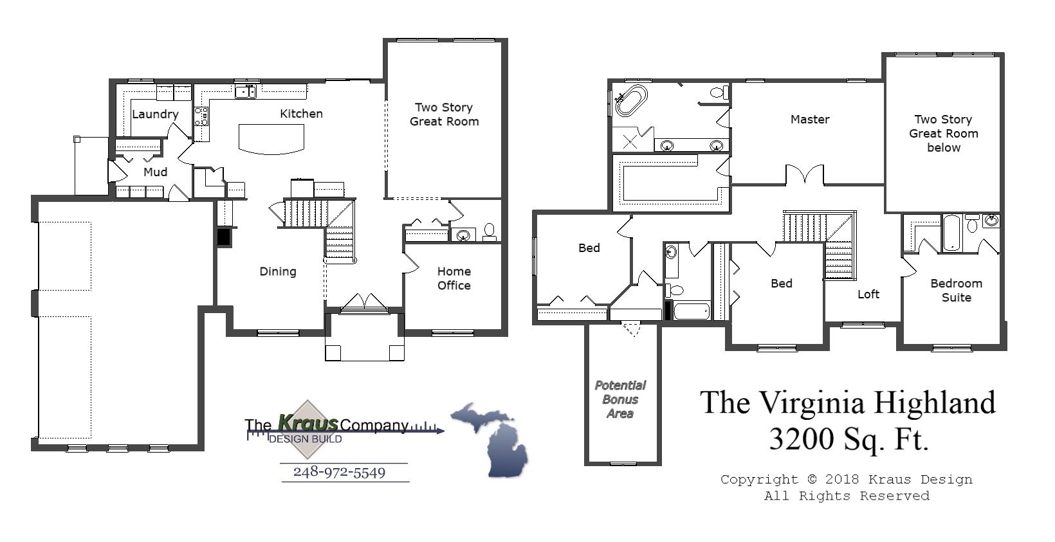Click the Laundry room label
pos(155,114)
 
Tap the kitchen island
pos(271,138)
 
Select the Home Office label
pos(454,278)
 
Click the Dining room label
pos(277,271)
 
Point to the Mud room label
pos(155,172)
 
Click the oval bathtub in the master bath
pos(630,102)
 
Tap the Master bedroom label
pos(810,119)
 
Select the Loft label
pos(868,294)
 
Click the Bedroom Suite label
pos(956,290)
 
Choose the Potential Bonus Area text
pos(620,399)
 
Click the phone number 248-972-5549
pos(339,472)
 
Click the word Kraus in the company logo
pos(307,423)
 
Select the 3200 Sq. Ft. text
pos(849,439)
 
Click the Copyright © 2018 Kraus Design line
pos(846,479)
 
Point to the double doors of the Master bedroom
pos(804,175)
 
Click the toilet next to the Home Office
pos(490,231)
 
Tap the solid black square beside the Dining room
pos(223,237)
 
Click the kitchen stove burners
pos(201,116)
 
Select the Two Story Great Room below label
pos(943,133)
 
